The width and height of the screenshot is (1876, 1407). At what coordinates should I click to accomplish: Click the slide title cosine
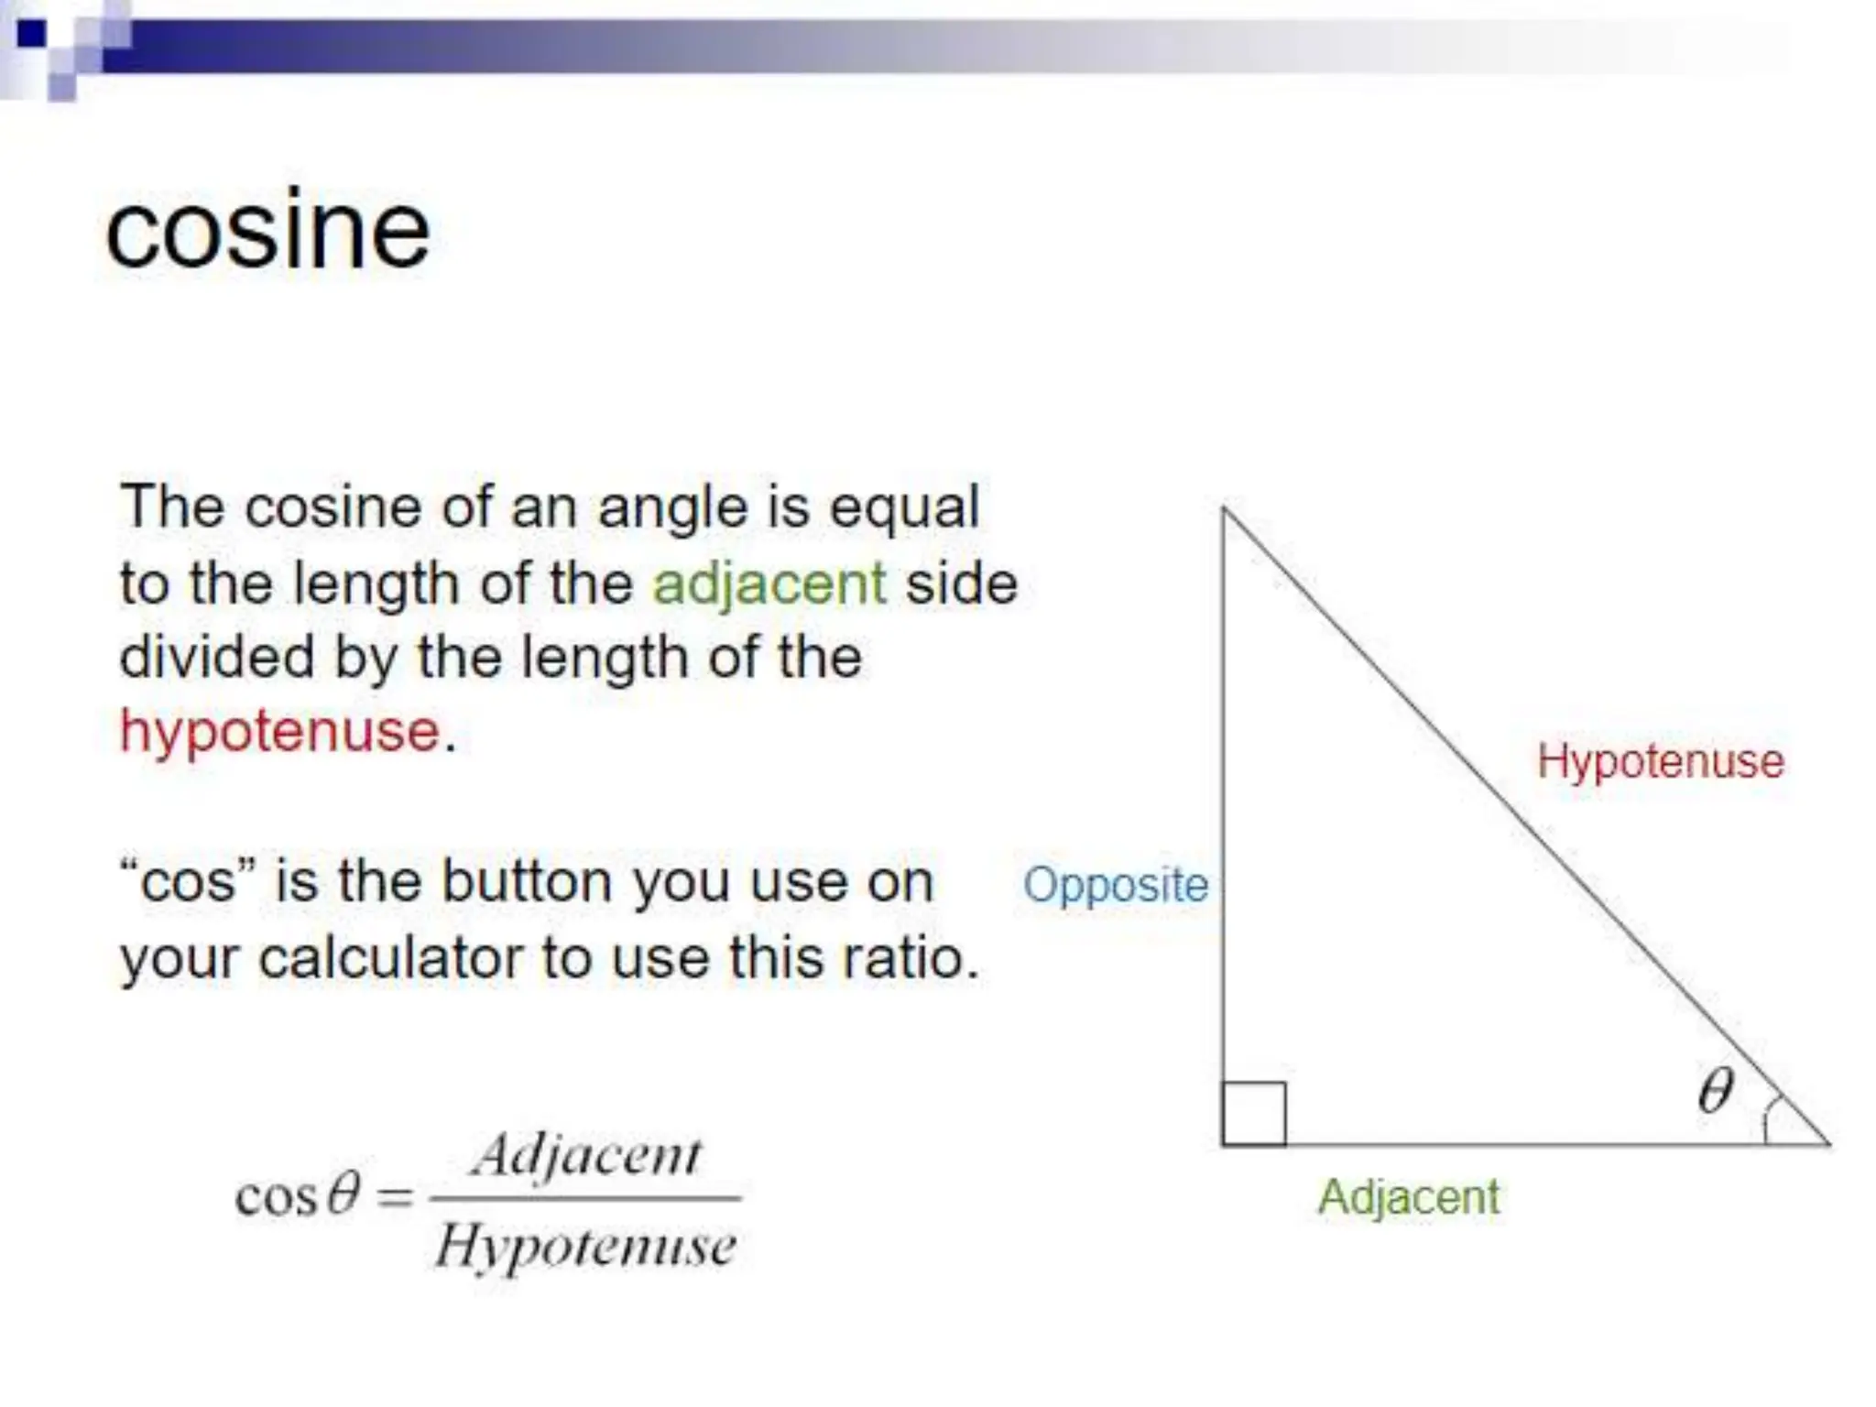click(x=267, y=231)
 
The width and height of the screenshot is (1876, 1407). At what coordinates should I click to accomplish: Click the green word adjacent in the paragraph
click(x=769, y=584)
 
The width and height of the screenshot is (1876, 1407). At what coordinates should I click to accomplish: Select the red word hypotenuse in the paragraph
click(x=279, y=732)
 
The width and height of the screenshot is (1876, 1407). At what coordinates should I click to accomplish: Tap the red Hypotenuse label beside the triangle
click(x=1660, y=761)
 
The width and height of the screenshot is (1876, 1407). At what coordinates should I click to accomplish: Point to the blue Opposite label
click(x=1115, y=885)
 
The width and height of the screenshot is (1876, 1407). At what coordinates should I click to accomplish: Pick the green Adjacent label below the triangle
click(x=1408, y=1197)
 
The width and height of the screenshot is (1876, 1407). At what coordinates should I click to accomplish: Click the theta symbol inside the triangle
click(x=1715, y=1090)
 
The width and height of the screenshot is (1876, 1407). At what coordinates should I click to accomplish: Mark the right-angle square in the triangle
click(x=1253, y=1114)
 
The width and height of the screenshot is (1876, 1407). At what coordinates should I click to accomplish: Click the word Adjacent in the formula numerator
click(x=586, y=1156)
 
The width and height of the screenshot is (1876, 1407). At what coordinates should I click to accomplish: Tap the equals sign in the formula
click(x=395, y=1196)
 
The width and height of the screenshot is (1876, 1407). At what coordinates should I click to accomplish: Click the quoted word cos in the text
click(x=187, y=882)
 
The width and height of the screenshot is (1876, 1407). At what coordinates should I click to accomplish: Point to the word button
click(x=526, y=882)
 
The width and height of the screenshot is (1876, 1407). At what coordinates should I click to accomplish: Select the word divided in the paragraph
click(x=216, y=658)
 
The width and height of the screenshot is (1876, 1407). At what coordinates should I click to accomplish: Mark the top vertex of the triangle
click(x=1224, y=508)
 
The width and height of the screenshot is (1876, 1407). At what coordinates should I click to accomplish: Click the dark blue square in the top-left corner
click(x=31, y=34)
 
